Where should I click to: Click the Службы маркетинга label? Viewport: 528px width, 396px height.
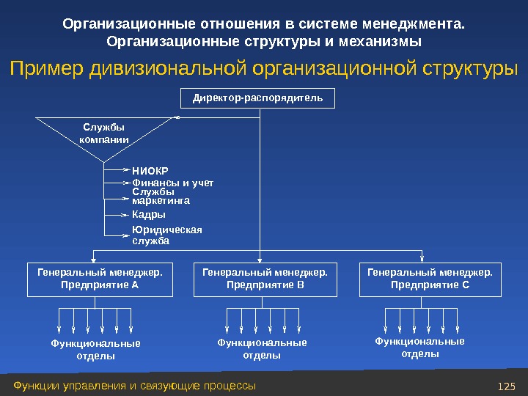(161, 196)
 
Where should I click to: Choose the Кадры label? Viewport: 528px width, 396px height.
(149, 215)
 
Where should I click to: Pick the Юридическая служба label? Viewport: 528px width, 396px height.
(166, 235)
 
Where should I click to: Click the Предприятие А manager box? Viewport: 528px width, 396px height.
(100, 279)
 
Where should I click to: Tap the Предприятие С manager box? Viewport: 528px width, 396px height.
(430, 279)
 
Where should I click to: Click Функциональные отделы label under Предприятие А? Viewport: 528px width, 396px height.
(95, 349)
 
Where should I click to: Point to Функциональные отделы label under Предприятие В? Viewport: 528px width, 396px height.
(262, 349)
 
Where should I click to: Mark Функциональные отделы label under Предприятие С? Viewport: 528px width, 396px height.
(420, 347)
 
